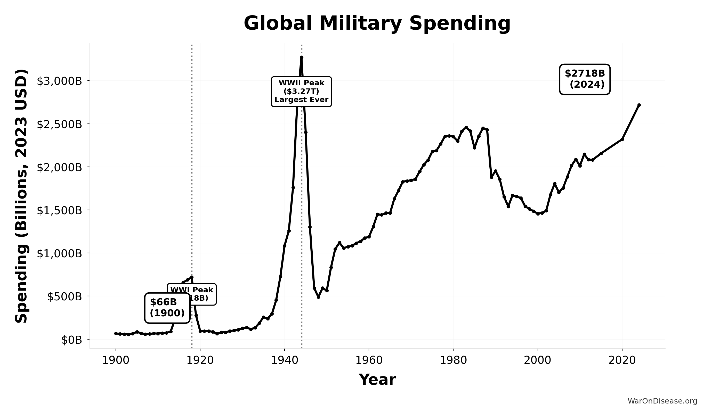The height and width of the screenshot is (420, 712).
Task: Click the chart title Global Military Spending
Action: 377,23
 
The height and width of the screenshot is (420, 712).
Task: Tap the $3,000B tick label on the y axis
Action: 59,81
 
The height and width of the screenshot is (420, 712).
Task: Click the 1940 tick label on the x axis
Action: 284,360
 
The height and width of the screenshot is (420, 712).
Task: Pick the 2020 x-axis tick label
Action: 622,360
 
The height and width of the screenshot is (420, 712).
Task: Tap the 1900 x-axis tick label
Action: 116,360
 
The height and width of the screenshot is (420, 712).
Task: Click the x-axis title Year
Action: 377,380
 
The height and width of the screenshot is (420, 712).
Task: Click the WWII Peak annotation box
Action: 301,92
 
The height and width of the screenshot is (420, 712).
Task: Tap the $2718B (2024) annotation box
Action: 585,79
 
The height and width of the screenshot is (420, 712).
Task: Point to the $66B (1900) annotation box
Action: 167,308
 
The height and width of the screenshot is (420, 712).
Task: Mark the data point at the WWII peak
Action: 302,57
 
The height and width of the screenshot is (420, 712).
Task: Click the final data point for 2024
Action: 639,105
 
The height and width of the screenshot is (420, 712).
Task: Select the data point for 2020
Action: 622,139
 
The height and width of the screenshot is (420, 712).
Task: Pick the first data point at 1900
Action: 116,333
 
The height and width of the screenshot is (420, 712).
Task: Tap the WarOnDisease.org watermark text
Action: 662,401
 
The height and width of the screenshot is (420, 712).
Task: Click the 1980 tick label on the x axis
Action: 453,360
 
